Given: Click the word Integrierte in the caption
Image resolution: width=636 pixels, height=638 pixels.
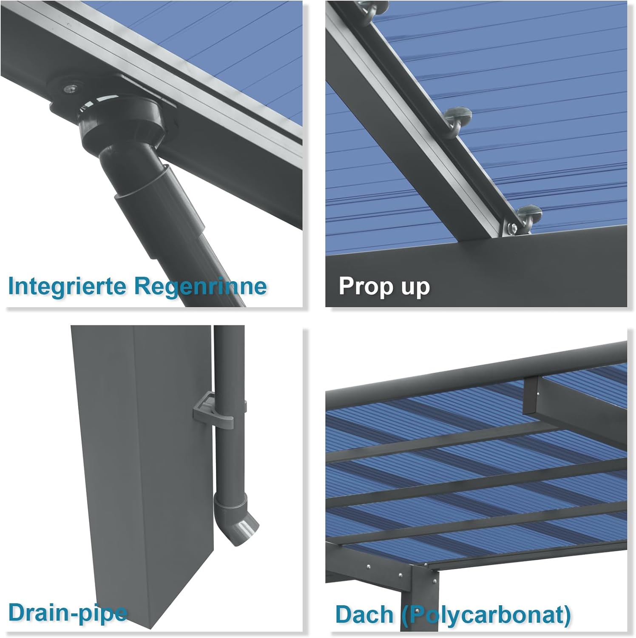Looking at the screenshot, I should click(x=68, y=286).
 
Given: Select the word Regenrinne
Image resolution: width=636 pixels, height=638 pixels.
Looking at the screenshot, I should click(x=201, y=286).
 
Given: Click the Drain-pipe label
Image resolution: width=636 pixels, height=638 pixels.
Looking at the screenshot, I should click(x=68, y=613).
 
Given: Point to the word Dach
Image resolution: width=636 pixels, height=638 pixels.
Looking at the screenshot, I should click(x=364, y=614).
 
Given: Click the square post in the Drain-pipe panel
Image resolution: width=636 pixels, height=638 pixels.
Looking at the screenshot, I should click(x=140, y=468).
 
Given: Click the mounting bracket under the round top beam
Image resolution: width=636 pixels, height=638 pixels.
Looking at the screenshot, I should click(x=531, y=396).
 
